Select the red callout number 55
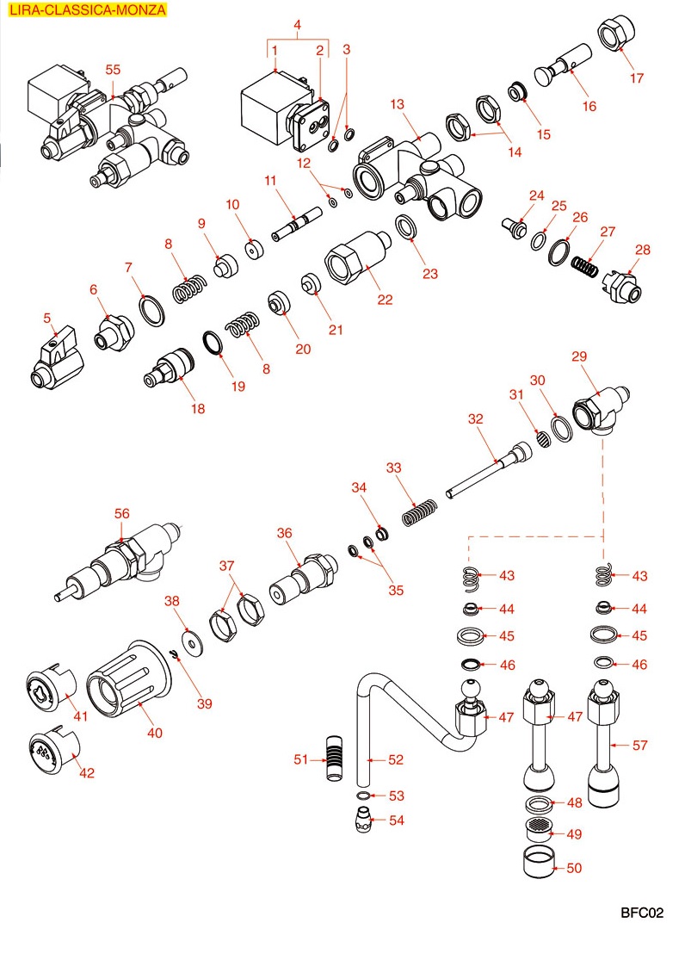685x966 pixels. (113, 70)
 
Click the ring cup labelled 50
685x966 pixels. (540, 864)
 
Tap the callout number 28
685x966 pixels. (644, 250)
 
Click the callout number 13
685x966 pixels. (396, 104)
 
